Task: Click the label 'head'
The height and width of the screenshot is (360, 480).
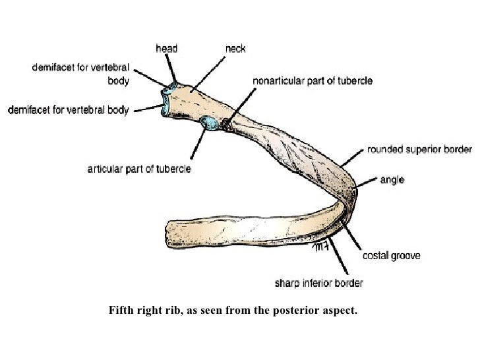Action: pyautogui.click(x=165, y=48)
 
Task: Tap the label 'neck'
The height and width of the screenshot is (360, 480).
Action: pyautogui.click(x=235, y=48)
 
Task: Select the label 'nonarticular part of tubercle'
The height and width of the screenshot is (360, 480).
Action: pyautogui.click(x=313, y=81)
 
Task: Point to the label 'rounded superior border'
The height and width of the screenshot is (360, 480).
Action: pyautogui.click(x=419, y=150)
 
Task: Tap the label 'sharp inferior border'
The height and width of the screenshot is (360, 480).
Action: pyautogui.click(x=318, y=284)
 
